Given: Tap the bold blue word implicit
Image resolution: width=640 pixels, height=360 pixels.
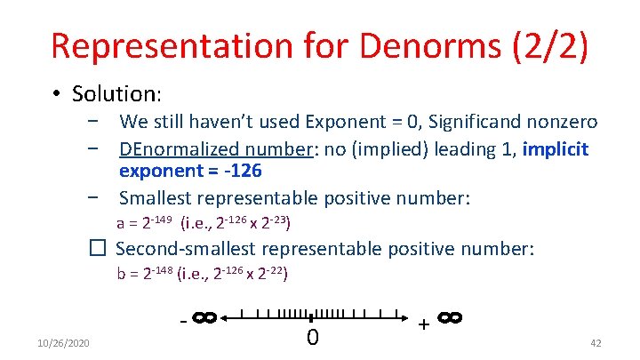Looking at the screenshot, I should (x=556, y=148).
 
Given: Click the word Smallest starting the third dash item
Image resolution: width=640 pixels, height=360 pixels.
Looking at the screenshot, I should (x=157, y=196).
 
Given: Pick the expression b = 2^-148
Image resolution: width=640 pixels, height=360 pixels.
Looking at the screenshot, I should (x=145, y=274).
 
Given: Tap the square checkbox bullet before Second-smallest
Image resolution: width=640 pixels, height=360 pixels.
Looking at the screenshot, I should (x=99, y=250).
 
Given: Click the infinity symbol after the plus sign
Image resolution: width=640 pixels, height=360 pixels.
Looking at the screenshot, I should (x=449, y=317).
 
